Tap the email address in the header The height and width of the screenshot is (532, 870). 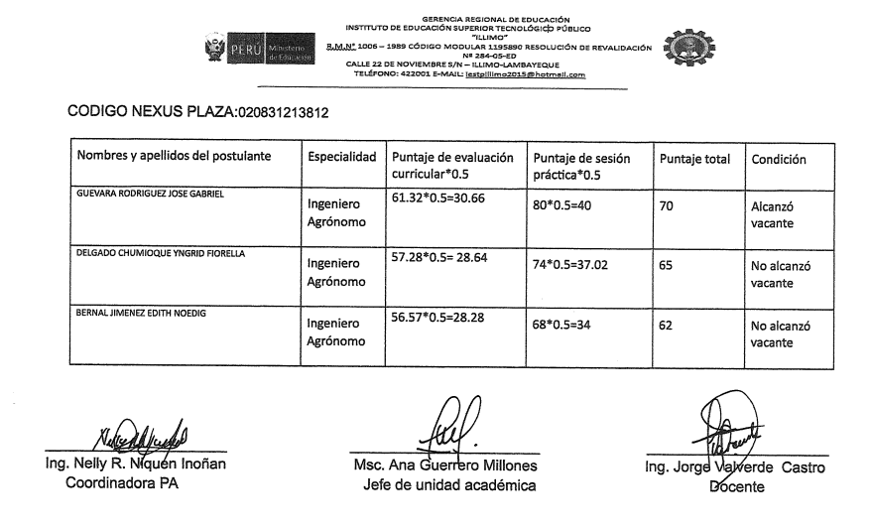coord(525,74)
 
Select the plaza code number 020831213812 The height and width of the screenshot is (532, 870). coord(282,113)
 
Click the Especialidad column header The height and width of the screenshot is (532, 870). coord(341,158)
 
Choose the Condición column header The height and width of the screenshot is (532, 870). coord(779,159)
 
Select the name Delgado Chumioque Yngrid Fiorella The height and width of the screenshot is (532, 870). coord(161,253)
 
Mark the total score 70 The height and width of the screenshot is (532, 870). coord(667,207)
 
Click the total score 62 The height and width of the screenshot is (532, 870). coord(667,325)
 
